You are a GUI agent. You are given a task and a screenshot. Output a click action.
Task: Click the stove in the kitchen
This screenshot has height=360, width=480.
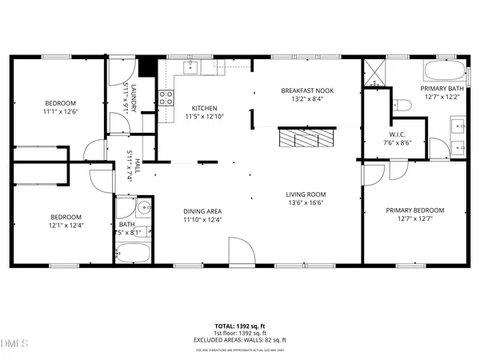[x=167, y=98]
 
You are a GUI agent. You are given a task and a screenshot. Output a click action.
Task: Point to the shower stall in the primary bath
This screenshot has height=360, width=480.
[x=374, y=72]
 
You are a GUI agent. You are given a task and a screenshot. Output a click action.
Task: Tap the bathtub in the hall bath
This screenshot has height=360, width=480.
[x=131, y=255]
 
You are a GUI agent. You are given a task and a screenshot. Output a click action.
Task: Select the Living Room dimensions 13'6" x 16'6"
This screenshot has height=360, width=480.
[x=306, y=204]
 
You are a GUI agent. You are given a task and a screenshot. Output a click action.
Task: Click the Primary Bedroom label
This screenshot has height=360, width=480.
[x=414, y=210]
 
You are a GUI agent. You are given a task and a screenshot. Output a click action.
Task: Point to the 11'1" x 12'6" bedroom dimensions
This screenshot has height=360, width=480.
[x=60, y=112]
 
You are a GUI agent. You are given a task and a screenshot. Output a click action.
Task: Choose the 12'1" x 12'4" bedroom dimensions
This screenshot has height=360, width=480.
[x=66, y=226]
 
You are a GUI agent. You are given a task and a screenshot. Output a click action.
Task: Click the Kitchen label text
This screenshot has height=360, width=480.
[x=204, y=108]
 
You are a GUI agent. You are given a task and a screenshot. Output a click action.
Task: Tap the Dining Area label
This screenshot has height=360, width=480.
[x=202, y=211]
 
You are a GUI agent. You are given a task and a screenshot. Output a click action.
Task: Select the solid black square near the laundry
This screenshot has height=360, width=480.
[x=147, y=66]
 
